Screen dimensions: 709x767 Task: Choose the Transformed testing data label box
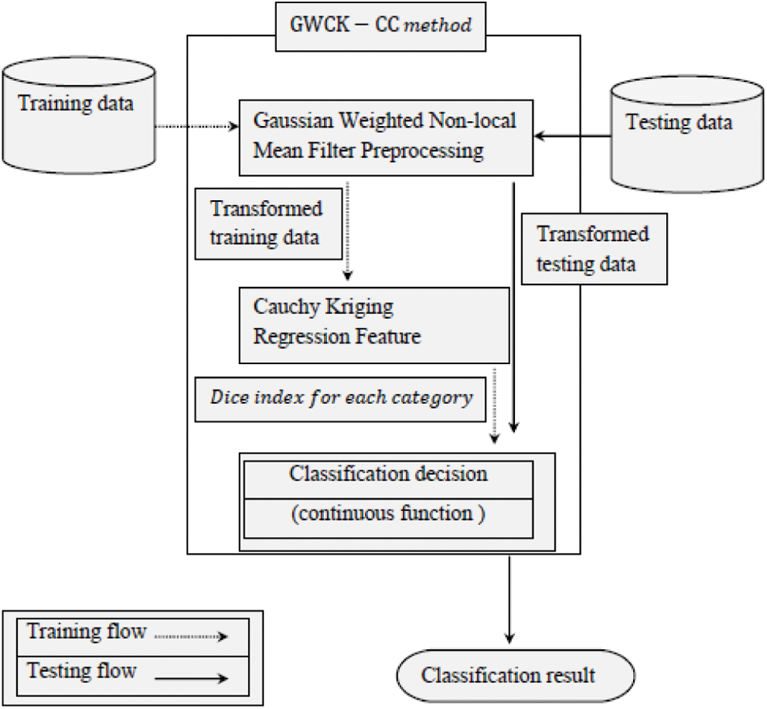pyautogui.click(x=593, y=249)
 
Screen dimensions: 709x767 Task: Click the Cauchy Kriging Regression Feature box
pyautogui.click(x=374, y=324)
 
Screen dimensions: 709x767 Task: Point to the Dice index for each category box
pyautogui.click(x=342, y=399)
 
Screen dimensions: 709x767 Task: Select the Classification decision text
pyautogui.click(x=388, y=474)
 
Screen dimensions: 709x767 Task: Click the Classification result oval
pyautogui.click(x=508, y=675)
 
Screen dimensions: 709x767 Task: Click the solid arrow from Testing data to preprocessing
pyautogui.click(x=574, y=137)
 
